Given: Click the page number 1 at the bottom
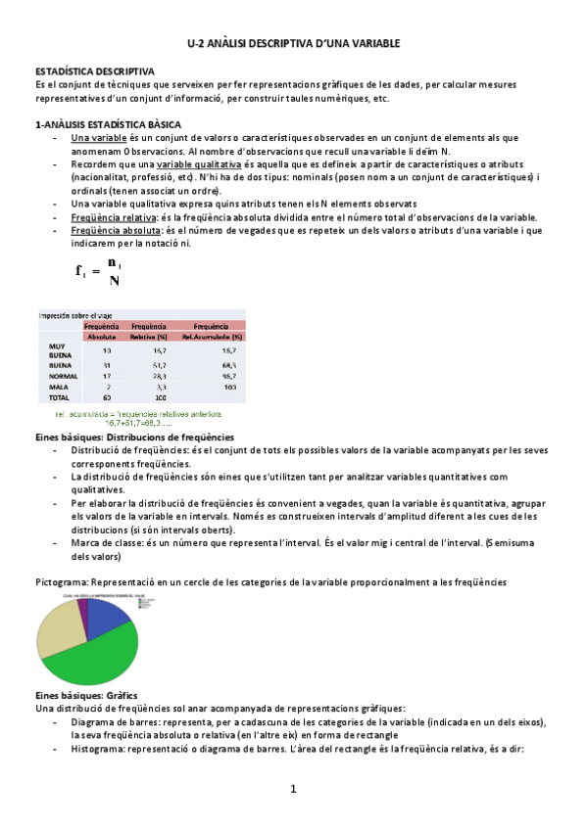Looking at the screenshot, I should point(292,789).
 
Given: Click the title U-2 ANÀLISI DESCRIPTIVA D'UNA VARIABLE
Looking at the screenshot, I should point(294,45).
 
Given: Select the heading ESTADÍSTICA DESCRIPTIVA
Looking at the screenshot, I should point(94,71).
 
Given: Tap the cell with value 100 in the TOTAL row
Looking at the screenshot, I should point(161,398).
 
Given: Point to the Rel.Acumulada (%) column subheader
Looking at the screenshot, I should point(212,336).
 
